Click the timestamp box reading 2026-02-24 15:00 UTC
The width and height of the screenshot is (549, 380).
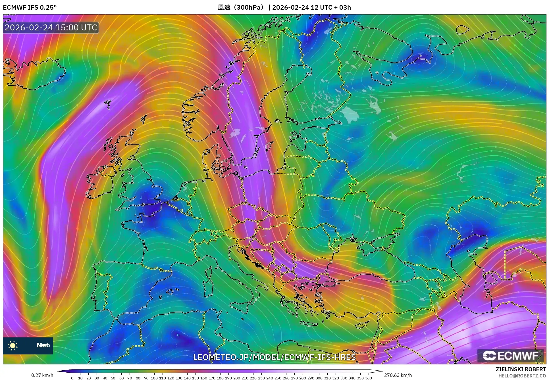(51, 28)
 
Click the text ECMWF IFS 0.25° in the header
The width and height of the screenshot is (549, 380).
(30, 7)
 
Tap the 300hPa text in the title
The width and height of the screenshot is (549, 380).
(249, 7)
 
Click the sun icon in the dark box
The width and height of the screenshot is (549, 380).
(13, 346)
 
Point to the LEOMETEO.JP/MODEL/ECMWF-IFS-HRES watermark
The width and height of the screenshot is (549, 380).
(274, 357)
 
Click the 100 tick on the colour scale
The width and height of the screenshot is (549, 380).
(154, 378)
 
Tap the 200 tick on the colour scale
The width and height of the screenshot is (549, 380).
(236, 378)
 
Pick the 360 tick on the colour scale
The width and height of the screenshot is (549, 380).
(368, 378)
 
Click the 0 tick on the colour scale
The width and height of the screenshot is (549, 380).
(72, 378)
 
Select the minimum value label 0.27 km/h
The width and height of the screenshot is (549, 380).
(42, 375)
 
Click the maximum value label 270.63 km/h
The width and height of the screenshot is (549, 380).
(398, 375)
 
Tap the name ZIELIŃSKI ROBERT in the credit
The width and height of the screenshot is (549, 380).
(521, 369)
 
